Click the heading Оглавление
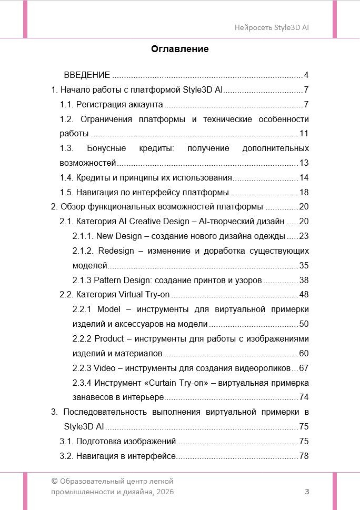pyautogui.click(x=180, y=49)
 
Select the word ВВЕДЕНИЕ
pyautogui.click(x=87, y=75)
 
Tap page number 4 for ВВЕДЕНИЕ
pyautogui.click(x=306, y=75)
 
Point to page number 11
pyautogui.click(x=304, y=133)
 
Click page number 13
pyautogui.click(x=304, y=163)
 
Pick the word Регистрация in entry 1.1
pyautogui.click(x=97, y=104)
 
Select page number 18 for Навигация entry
pyautogui.click(x=304, y=192)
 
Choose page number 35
pyautogui.click(x=304, y=265)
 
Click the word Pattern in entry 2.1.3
pyautogui.click(x=108, y=279)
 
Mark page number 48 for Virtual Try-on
pyautogui.click(x=304, y=294)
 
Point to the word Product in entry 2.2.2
pyautogui.click(x=109, y=338)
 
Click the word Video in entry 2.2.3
pyautogui.click(x=104, y=368)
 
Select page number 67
pyautogui.click(x=304, y=368)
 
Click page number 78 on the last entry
pyautogui.click(x=304, y=456)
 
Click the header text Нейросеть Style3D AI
pyautogui.click(x=272, y=27)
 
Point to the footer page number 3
pyautogui.click(x=307, y=492)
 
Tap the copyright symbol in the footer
pyautogui.click(x=54, y=481)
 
